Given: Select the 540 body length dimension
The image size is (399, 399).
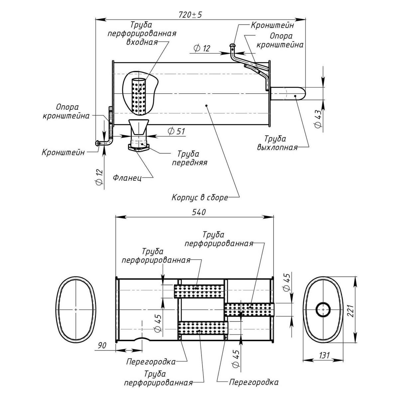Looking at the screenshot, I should [199, 212].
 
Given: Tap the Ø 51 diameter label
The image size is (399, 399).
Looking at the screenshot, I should [176, 131].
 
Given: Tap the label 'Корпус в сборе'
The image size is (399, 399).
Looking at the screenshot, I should [199, 198].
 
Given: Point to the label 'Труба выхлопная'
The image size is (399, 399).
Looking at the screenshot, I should [277, 143].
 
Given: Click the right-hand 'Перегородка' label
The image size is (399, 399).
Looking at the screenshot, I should [253, 382].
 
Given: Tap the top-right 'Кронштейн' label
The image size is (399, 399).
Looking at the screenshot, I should [272, 25].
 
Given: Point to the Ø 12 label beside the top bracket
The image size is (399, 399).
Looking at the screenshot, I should [201, 49].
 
